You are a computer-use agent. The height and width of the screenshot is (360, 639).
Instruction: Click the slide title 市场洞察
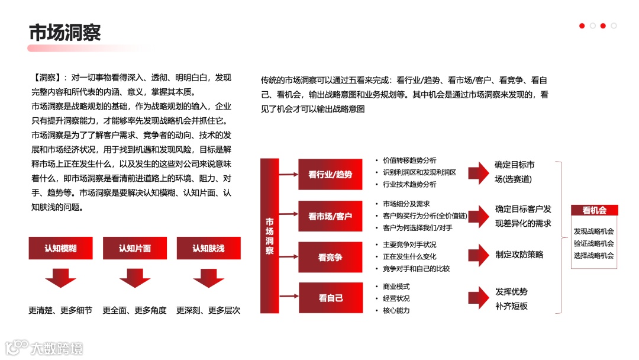click(65, 32)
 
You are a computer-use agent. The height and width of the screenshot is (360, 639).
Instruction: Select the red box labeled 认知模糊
click(60, 248)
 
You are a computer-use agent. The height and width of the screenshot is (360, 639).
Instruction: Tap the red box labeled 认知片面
click(134, 248)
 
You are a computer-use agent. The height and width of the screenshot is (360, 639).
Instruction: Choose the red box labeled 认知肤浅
click(208, 248)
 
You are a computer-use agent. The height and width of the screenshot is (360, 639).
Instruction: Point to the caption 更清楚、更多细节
click(60, 310)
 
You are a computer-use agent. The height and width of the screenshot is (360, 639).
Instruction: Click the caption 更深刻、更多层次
click(208, 310)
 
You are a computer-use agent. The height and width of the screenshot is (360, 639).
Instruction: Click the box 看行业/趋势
click(330, 174)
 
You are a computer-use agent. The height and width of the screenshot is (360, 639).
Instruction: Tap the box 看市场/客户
click(330, 216)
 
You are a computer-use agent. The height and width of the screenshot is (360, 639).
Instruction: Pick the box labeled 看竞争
click(330, 257)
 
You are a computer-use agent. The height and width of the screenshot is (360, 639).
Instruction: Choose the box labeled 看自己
click(330, 298)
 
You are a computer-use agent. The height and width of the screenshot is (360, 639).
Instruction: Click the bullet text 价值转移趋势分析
click(409, 160)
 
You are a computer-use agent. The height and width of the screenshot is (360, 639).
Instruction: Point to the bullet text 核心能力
click(396, 310)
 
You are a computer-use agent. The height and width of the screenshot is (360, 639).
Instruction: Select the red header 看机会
click(594, 210)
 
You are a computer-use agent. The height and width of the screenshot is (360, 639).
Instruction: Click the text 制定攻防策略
click(519, 255)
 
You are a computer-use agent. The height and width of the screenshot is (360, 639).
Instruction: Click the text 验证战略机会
click(594, 243)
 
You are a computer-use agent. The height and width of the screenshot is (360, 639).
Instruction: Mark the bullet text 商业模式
click(396, 287)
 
